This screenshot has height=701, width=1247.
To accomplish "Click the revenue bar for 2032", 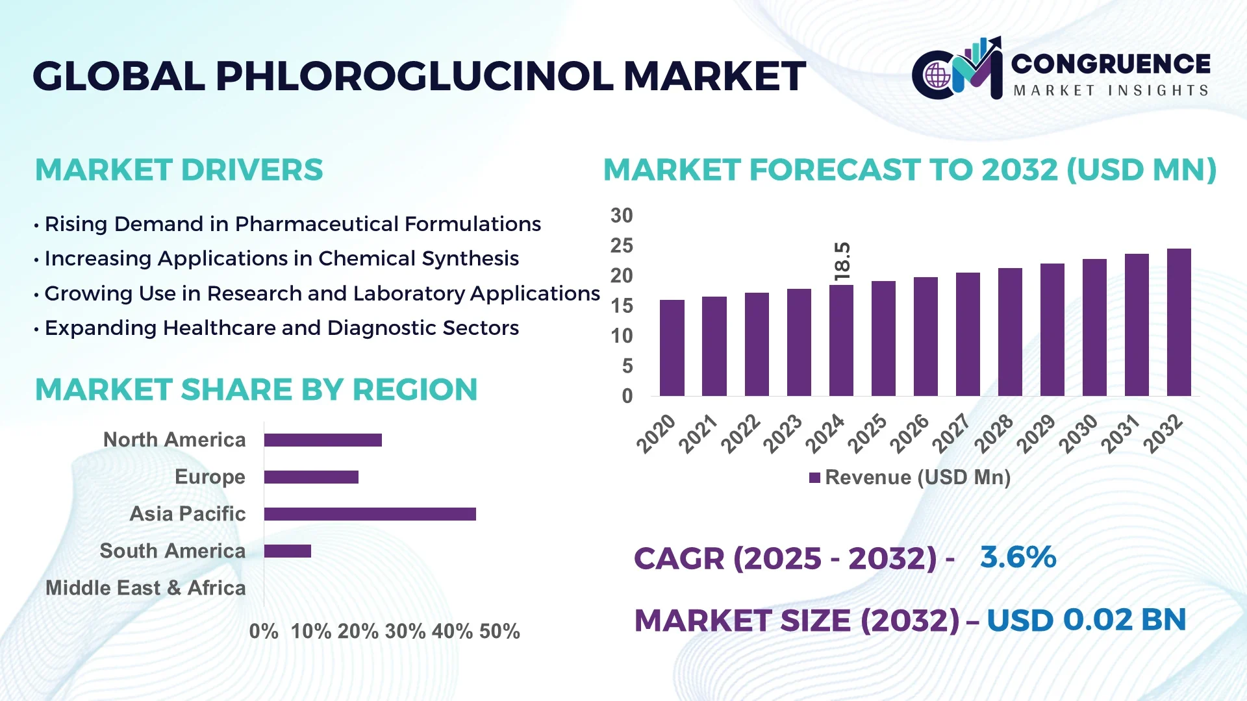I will pos(1179,323).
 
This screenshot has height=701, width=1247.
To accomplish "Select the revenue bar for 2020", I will pos(672,348).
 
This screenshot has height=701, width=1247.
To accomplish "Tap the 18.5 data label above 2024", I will pos(842,262).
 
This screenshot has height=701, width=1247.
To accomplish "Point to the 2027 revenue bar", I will pos(968,334).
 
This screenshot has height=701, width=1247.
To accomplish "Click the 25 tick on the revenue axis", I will pos(622,246).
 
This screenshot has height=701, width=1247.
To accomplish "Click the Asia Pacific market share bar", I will pos(370,514).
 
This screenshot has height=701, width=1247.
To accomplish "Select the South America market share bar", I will pos(288,551).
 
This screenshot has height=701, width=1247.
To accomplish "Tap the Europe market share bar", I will pos(311,477).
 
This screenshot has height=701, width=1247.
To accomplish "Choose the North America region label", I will pos(174,440).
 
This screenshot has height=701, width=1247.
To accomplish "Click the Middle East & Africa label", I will pos(145,588).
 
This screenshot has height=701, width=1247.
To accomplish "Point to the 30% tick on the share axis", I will pos(405,632).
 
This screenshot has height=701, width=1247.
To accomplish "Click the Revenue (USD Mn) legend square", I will pos(814,478).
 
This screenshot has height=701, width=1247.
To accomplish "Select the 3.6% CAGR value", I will pos(1018,558).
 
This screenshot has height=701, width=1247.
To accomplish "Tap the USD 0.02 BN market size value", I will pos(1086,620).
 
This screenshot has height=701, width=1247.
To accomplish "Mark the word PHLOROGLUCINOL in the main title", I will pos(414,77).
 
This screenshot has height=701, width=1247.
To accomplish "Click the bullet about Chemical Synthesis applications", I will pos(281,259).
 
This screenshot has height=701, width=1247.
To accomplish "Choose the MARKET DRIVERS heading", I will pos(179,170).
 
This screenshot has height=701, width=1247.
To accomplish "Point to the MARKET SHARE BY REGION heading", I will pos(256,390).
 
